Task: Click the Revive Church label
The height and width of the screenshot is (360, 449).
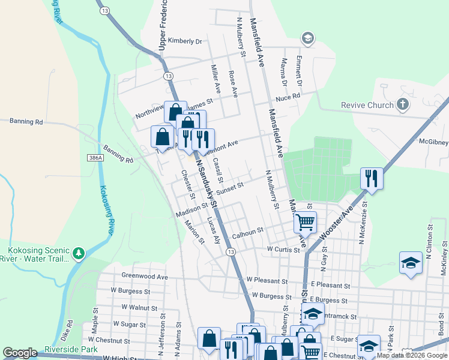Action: point(367,106)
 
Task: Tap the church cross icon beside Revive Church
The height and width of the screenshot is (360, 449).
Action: point(403,105)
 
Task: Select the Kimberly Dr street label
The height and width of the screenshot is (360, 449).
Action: point(185,41)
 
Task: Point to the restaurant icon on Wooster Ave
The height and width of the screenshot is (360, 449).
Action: point(372,178)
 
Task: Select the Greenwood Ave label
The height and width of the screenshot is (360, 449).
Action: point(145,277)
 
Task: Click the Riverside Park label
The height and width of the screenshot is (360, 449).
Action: point(71,349)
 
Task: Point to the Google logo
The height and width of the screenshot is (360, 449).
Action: point(20,353)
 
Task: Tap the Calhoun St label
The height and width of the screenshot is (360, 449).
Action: point(248,230)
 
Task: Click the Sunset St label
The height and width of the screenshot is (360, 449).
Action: point(230,188)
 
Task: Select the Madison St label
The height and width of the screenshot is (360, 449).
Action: point(191,211)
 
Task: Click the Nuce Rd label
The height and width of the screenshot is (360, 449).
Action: point(288,98)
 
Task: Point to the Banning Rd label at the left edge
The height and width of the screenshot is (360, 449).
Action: point(26,121)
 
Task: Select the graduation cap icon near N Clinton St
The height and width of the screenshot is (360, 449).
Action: point(411,263)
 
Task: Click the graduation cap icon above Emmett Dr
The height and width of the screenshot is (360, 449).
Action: point(308,39)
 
